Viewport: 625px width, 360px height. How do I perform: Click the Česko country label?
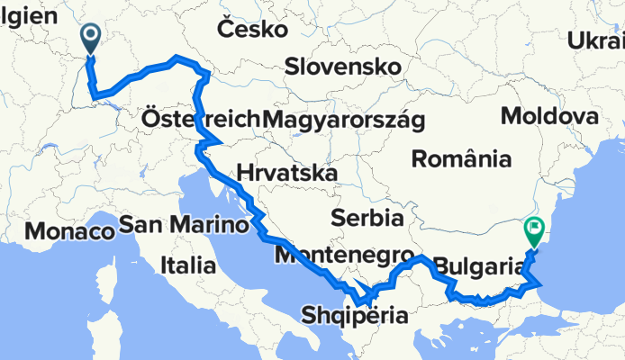tap(252, 30)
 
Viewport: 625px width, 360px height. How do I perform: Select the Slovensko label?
tap(342, 67)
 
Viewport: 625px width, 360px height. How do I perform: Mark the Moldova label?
tap(549, 116)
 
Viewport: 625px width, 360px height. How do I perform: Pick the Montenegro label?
tap(345, 255)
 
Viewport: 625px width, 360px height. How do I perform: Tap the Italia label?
tap(187, 265)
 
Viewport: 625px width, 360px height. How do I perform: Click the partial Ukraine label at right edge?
tap(596, 40)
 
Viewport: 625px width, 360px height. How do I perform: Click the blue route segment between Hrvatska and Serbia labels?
tap(257, 216)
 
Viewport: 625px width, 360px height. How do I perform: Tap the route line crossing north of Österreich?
tap(171, 61)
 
